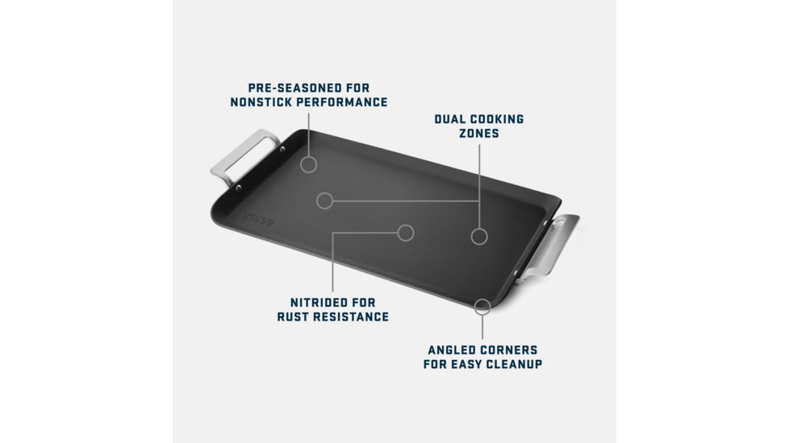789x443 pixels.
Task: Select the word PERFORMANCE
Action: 342,102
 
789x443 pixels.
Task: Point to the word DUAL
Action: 449,119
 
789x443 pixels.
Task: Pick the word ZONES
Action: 479,133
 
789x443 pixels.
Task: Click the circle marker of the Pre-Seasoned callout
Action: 308,157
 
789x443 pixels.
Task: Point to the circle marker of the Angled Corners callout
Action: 482,300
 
